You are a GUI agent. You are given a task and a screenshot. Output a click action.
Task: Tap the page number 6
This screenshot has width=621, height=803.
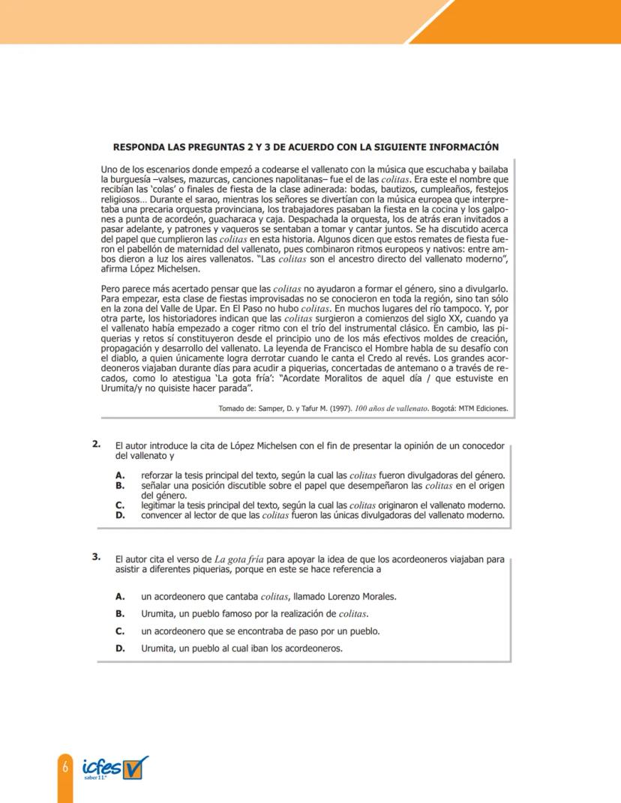click(65, 767)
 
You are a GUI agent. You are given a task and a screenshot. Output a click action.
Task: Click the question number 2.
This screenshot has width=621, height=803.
click(97, 444)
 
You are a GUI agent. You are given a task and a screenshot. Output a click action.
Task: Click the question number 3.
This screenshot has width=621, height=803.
click(97, 556)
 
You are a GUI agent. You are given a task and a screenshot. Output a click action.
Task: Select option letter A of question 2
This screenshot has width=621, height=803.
click(119, 475)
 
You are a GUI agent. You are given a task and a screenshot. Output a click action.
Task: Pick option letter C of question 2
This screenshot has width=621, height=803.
click(119, 505)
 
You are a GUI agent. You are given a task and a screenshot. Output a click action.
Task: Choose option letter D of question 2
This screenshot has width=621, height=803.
click(119, 515)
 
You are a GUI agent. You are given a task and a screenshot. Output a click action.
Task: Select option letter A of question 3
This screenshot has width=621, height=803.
click(119, 597)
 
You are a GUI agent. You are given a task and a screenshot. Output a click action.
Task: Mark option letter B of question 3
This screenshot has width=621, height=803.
click(119, 614)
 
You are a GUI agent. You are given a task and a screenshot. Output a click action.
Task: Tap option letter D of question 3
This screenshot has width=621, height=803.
click(119, 649)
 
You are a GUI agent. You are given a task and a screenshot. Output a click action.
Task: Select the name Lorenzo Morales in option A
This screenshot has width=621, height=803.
click(362, 597)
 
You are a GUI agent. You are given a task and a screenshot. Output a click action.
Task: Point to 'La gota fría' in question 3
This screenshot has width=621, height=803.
click(237, 559)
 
